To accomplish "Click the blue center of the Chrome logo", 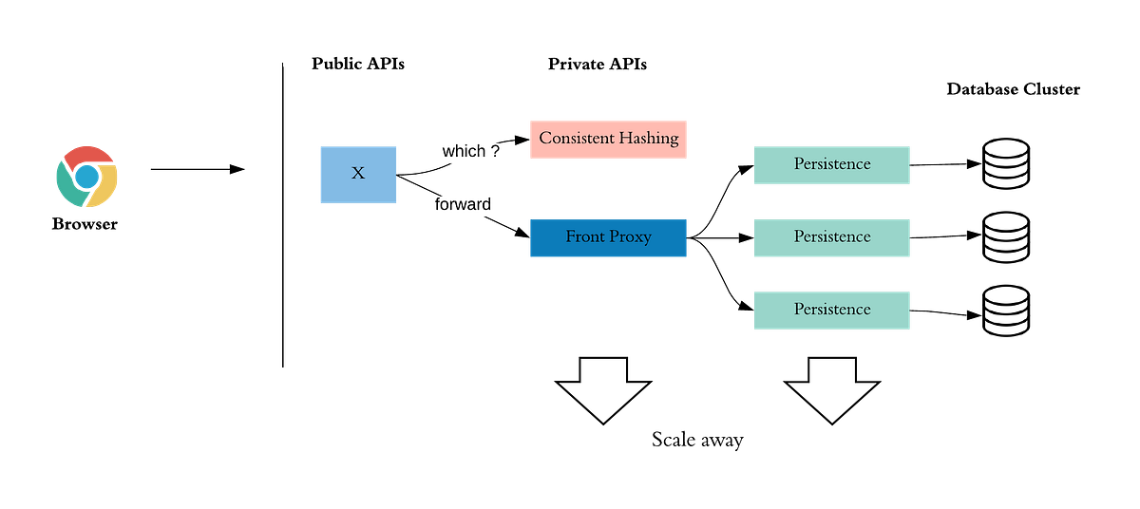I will point(86,177).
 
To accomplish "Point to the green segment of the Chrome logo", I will point(66,185).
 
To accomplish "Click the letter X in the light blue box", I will point(358,174).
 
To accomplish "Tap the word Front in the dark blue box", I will point(584,236).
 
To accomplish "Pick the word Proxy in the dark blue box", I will point(630,236).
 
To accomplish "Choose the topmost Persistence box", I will point(832,164).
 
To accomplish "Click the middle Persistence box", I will point(832,236).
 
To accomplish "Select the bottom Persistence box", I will point(832,310).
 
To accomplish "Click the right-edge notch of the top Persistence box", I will point(910,165).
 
